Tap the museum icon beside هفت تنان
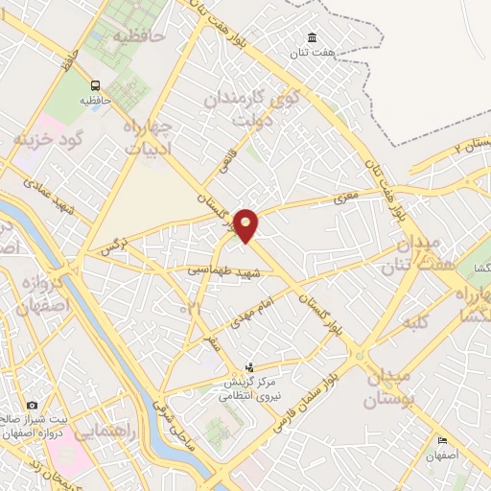(x=314, y=38)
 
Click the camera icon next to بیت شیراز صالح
(x=33, y=406)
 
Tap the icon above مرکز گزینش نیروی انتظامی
(x=250, y=367)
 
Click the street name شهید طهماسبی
(x=224, y=271)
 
